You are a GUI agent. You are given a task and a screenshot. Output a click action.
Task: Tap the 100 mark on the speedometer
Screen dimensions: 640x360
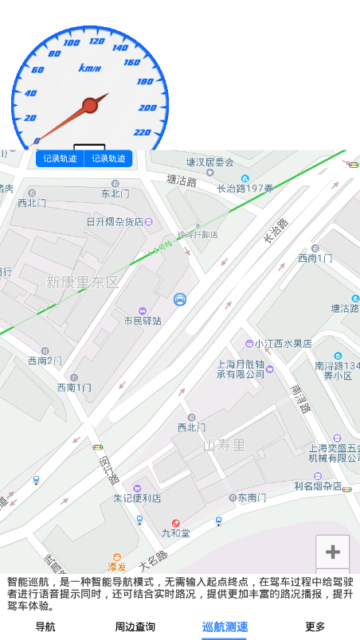(72, 42)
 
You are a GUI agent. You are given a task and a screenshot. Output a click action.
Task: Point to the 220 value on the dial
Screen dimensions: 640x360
(143, 132)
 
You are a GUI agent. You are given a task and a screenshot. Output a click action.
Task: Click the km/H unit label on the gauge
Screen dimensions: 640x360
(90, 68)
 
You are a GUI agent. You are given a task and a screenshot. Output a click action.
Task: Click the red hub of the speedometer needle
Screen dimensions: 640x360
(90, 105)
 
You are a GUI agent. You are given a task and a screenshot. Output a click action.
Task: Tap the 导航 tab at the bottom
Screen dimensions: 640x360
(45, 626)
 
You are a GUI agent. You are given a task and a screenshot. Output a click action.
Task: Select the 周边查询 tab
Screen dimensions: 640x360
(135, 626)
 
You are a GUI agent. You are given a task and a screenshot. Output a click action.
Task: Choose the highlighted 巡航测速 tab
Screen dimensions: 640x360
(225, 626)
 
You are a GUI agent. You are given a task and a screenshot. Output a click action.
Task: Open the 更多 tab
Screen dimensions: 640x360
(315, 626)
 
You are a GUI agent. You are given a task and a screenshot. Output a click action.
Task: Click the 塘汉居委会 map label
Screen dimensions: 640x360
(210, 162)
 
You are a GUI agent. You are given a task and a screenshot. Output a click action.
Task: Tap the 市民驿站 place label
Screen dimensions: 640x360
(143, 321)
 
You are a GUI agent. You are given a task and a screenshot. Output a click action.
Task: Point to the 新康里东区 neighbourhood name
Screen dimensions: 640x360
(83, 282)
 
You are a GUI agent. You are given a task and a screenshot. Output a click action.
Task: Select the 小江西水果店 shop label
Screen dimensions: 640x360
(284, 344)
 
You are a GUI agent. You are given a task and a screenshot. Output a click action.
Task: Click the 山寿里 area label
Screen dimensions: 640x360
(225, 444)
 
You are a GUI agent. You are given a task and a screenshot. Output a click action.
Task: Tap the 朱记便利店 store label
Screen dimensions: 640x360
(137, 498)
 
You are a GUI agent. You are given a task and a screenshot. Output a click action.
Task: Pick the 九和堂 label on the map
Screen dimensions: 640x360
(175, 533)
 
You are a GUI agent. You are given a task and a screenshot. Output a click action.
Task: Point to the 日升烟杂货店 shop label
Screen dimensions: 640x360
(115, 222)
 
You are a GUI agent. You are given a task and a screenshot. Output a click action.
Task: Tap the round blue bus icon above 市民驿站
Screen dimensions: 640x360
(180, 299)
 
